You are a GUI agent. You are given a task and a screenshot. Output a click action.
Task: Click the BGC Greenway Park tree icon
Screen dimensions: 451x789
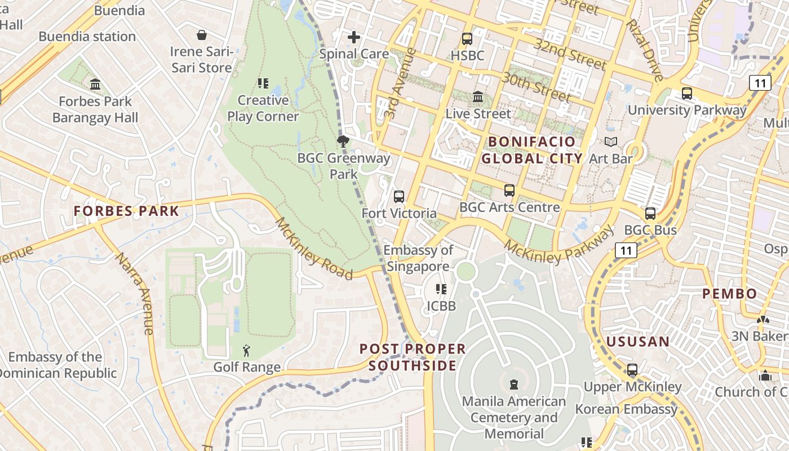(343, 142)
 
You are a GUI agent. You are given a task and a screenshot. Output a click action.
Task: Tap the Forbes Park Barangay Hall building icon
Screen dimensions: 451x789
(95, 85)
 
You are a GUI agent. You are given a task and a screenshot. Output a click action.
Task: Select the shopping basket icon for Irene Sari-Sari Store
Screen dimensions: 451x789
(202, 36)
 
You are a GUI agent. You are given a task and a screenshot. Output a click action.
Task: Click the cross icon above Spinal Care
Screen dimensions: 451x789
(354, 37)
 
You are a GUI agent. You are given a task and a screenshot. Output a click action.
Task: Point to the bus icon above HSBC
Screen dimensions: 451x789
(467, 39)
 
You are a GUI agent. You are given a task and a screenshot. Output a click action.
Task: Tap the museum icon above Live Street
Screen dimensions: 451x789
(478, 96)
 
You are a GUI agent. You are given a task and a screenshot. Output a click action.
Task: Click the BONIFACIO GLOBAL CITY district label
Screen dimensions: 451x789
(532, 150)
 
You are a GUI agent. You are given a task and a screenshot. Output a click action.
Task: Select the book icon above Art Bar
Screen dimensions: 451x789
(611, 142)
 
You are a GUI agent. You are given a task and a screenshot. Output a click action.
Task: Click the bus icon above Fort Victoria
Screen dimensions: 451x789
(399, 197)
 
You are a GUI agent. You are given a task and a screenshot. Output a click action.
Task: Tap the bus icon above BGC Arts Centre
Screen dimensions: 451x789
(509, 191)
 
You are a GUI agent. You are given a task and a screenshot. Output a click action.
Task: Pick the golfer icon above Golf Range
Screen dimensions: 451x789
(246, 351)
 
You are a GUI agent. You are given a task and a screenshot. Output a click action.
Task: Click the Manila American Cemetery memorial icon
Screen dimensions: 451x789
(514, 384)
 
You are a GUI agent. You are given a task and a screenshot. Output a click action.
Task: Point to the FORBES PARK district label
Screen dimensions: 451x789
(126, 211)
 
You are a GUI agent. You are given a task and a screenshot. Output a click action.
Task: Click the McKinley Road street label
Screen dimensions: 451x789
(313, 249)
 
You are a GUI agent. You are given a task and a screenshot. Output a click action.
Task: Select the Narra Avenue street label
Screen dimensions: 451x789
(135, 293)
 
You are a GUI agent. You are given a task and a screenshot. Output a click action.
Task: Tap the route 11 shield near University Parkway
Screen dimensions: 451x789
(760, 83)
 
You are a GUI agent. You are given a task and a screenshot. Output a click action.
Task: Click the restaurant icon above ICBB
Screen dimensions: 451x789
(441, 289)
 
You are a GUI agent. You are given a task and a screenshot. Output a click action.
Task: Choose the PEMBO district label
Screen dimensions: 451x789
(729, 294)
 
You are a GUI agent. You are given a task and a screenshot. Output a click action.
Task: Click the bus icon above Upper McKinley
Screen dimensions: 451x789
(632, 370)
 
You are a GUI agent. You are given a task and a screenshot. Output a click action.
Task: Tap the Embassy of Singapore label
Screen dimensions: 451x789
(418, 258)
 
